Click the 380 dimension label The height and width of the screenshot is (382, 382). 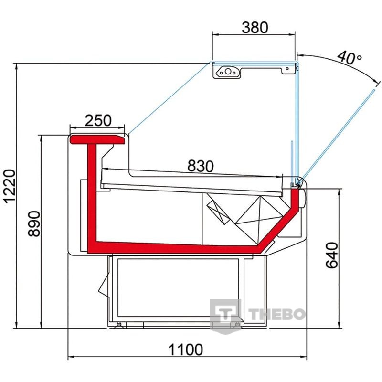pos(255,27)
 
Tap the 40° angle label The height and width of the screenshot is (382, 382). pos(350,57)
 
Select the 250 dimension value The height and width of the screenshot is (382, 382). pos(98,120)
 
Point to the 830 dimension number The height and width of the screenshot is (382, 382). pos(201,166)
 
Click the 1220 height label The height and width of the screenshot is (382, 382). pos(10,186)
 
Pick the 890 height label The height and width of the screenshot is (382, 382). pos(34,224)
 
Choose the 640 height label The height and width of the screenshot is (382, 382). pos(332,255)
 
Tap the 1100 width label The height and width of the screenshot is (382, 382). pos(185,350)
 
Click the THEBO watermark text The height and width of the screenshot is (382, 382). pos(277,314)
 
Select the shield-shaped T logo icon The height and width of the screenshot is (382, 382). pos(225,316)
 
